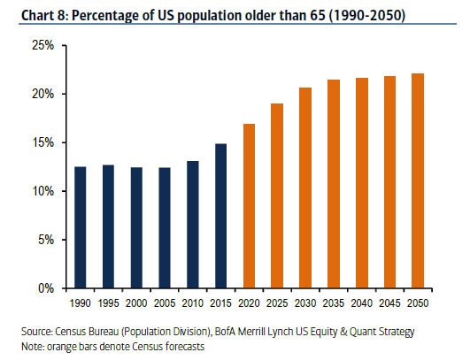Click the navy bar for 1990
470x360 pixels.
pyautogui.click(x=81, y=227)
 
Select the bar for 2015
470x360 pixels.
pyautogui.click(x=221, y=216)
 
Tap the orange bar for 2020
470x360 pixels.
pyautogui.click(x=249, y=206)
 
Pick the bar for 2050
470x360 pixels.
pyautogui.click(x=418, y=181)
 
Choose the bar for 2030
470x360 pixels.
pyautogui.click(x=305, y=188)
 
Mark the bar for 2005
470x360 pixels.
pyautogui.click(x=165, y=228)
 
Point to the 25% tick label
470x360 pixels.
pyautogui.click(x=43, y=45)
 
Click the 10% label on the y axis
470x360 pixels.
pyautogui.click(x=43, y=191)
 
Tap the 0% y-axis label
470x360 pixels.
pyautogui.click(x=46, y=288)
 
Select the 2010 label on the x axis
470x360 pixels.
pyautogui.click(x=193, y=303)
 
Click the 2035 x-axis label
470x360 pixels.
pyautogui.click(x=334, y=303)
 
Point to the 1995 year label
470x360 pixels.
pyautogui.click(x=109, y=303)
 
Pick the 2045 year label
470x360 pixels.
pyautogui.click(x=389, y=303)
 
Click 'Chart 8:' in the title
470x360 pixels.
pyautogui.click(x=45, y=15)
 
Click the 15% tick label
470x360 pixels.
pyautogui.click(x=43, y=142)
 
